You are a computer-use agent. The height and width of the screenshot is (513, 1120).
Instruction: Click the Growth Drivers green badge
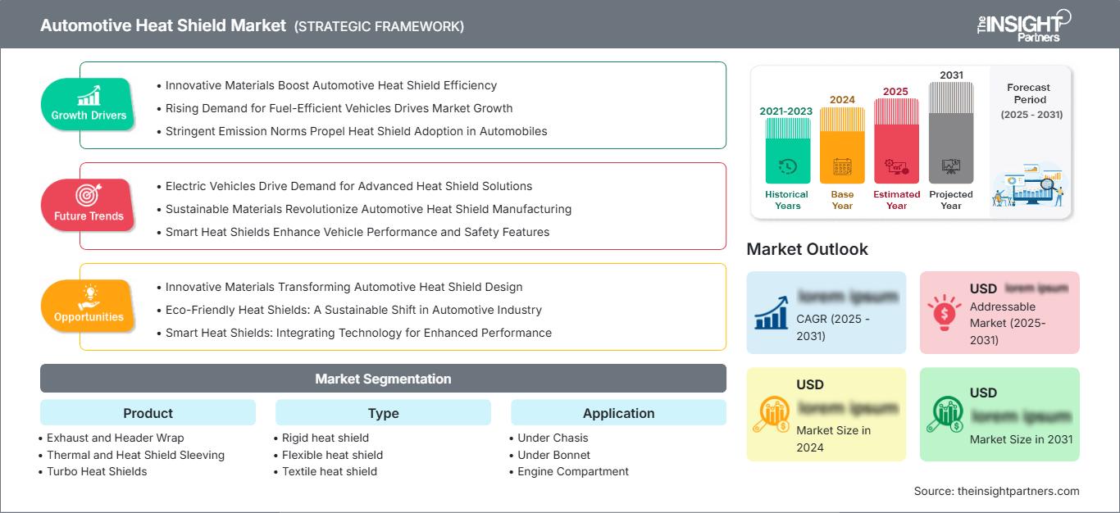coord(88,104)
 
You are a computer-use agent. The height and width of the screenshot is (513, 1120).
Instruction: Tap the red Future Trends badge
coord(88,205)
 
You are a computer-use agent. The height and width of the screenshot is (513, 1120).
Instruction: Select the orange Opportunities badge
coord(88,306)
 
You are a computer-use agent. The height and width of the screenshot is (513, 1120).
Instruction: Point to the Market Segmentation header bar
coord(383,379)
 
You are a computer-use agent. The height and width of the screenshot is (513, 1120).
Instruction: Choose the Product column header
coord(148,413)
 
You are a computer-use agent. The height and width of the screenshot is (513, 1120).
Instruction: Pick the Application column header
coord(618,413)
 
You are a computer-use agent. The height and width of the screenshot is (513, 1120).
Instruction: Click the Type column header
coord(383,413)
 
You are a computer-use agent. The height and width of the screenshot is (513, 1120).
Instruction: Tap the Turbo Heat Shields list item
coord(97,471)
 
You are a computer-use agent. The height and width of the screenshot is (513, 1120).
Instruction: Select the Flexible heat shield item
coord(332,455)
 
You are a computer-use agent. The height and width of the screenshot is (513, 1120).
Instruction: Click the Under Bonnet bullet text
coord(553,455)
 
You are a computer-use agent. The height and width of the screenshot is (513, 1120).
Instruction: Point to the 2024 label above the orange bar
coord(842,100)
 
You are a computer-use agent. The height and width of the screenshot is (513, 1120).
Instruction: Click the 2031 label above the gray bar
coord(951,75)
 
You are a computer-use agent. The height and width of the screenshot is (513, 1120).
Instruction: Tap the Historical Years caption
coord(786,200)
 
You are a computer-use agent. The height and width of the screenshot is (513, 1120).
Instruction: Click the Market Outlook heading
coord(807,249)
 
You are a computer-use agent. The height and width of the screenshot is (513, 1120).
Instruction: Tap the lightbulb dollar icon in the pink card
coord(945,312)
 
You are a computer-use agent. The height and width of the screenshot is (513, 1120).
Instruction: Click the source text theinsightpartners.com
coord(996,491)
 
